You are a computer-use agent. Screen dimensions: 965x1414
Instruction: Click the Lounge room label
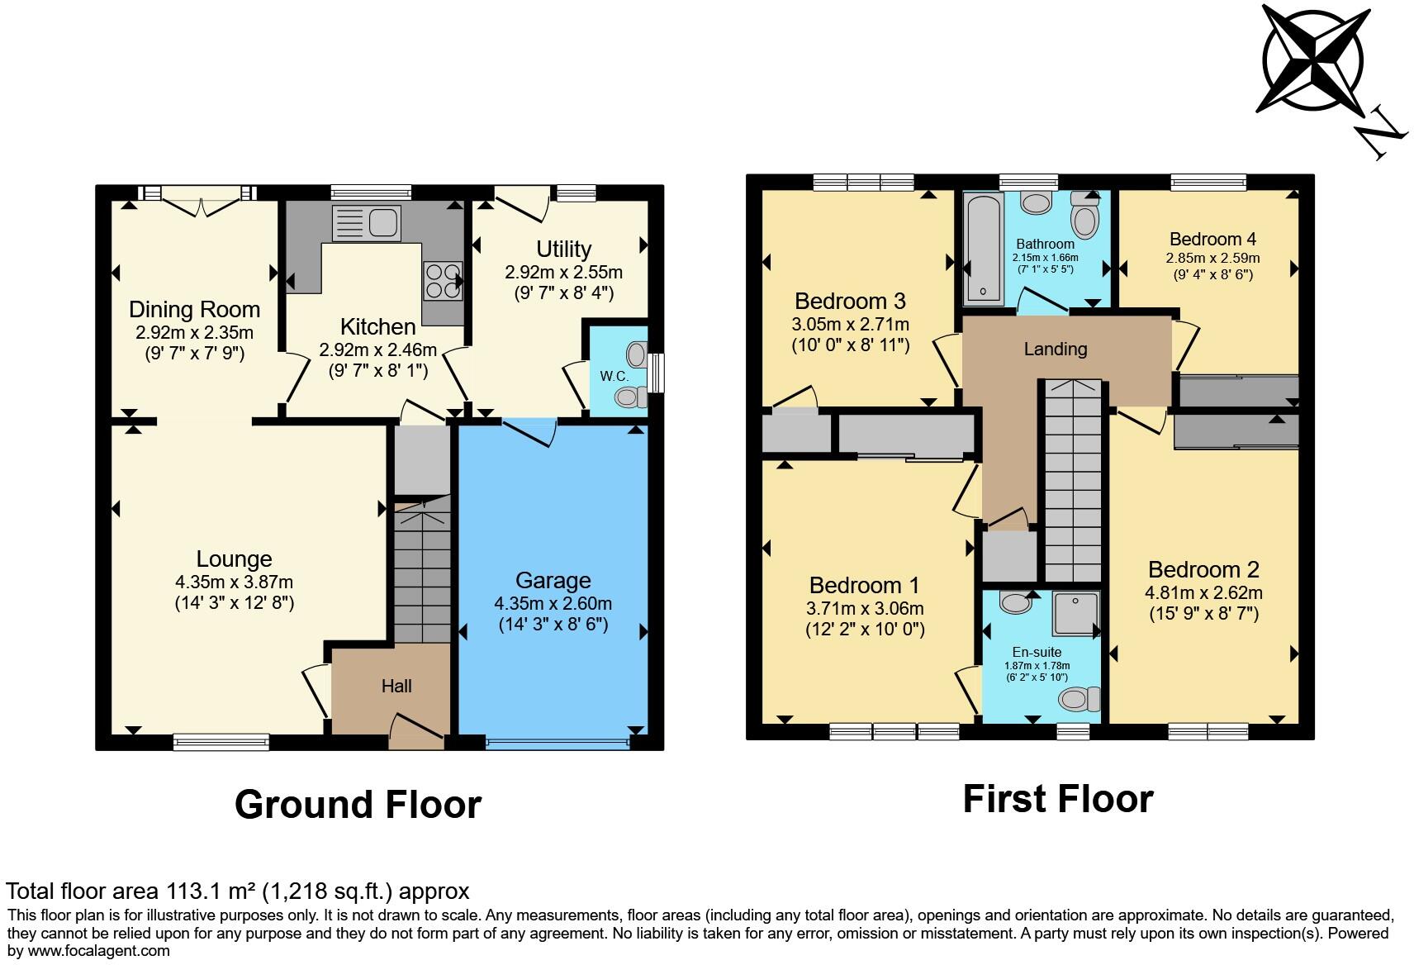tap(234, 559)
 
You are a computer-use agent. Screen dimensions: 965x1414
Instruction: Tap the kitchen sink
tap(366, 223)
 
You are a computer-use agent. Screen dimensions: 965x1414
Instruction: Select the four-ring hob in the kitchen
tap(442, 280)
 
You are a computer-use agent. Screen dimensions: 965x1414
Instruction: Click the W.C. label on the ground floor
tap(614, 376)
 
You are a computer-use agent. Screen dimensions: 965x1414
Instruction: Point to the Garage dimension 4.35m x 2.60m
tap(553, 603)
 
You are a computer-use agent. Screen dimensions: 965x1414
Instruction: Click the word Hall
tap(396, 686)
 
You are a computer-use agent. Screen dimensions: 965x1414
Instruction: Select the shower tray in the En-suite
tap(1075, 614)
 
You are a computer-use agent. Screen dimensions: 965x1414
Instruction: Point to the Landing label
tap(1055, 349)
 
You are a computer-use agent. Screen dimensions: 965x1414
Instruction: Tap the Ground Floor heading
tap(358, 804)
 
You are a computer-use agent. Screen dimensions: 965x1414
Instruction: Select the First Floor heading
tap(1057, 799)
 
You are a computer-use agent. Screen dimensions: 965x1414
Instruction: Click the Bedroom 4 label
tap(1212, 239)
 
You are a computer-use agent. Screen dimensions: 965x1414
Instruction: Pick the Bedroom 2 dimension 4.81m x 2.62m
tap(1203, 592)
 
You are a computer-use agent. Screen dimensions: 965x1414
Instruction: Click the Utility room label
tap(563, 249)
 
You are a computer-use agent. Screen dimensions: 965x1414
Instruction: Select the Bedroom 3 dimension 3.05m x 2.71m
tap(850, 324)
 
